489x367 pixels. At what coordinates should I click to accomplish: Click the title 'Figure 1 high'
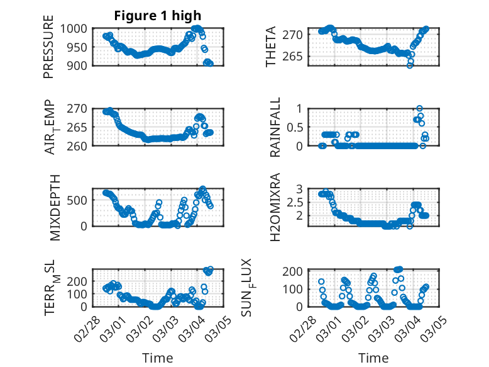click(x=157, y=15)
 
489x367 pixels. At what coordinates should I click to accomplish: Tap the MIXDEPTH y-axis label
click(x=53, y=207)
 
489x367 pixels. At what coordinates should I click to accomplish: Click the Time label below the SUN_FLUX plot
click(x=373, y=358)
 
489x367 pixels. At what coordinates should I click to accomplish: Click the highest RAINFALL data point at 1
click(x=420, y=108)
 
